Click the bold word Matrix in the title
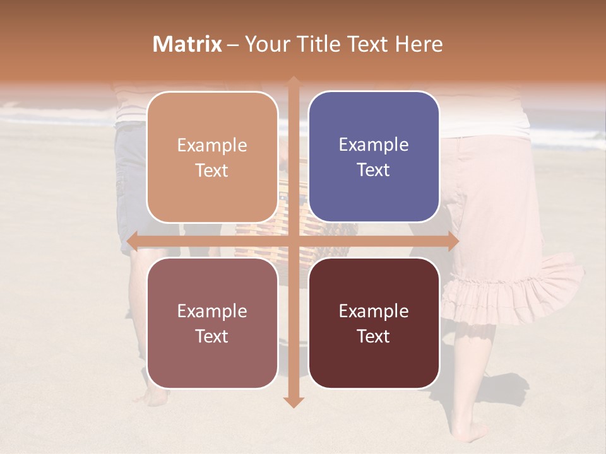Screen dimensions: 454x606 click(x=187, y=44)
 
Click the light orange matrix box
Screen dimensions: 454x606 click(x=212, y=157)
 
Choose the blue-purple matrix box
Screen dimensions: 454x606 click(x=374, y=157)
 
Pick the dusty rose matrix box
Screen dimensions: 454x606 click(x=212, y=323)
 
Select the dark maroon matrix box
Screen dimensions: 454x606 click(x=374, y=323)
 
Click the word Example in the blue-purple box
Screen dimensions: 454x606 click(x=374, y=145)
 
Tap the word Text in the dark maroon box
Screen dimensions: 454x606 click(x=374, y=336)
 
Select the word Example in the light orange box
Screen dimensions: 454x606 click(x=212, y=145)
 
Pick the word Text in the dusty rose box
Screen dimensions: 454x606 click(x=212, y=336)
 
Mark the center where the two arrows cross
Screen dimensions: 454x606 click(x=294, y=242)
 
